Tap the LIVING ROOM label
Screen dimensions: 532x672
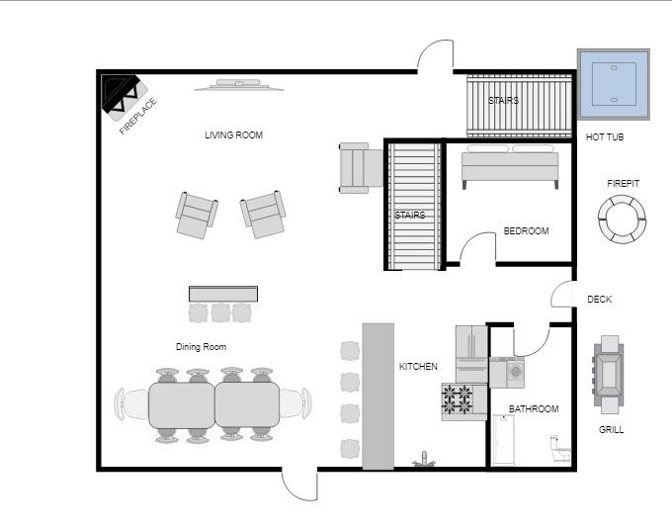coord(234,135)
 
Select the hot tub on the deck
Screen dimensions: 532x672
coord(613,83)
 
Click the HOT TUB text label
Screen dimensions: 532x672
coord(605,137)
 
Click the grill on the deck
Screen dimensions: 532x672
coord(608,375)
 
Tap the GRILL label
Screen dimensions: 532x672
coord(611,430)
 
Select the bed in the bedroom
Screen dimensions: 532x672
coord(510,166)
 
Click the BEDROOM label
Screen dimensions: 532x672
coord(526,231)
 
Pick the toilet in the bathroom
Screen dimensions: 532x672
coord(559,449)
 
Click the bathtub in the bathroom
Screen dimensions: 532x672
coord(503,440)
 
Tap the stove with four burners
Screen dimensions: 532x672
coord(458,400)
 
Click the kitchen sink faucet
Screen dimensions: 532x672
coord(425,459)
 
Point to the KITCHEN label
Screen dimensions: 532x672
coord(418,367)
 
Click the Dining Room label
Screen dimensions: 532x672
coord(202,347)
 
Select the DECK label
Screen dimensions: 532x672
coord(600,300)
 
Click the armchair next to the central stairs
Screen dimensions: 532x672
coord(359,165)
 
